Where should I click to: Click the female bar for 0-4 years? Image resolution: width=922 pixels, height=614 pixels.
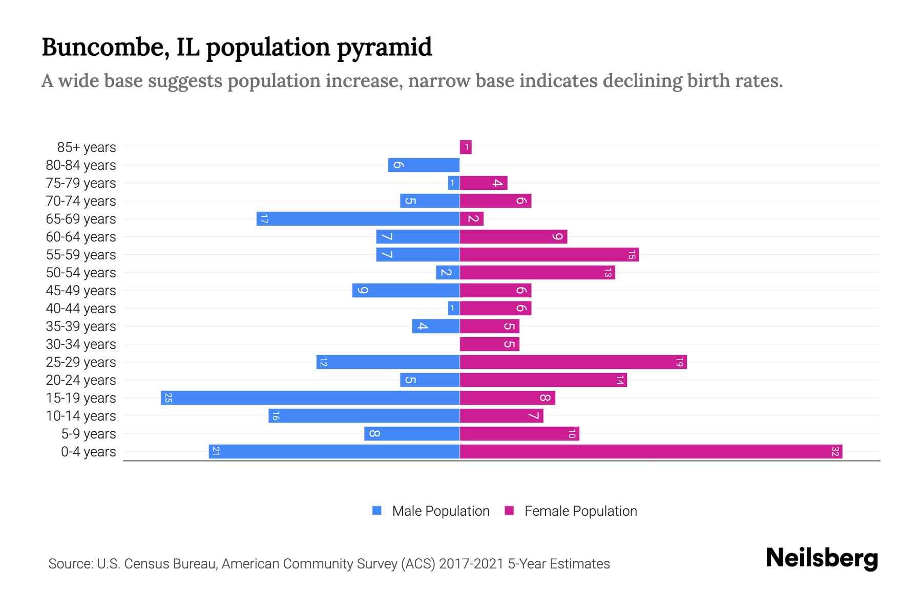(651, 452)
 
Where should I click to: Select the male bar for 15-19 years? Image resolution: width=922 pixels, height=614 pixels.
(310, 398)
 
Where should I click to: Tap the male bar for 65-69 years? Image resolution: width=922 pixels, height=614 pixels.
(359, 219)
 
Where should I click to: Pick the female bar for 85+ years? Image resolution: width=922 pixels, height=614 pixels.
(466, 147)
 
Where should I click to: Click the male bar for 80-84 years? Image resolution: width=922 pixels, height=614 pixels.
(424, 165)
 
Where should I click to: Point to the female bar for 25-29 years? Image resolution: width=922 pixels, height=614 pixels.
(573, 362)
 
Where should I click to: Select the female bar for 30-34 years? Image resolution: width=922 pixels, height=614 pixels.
(489, 344)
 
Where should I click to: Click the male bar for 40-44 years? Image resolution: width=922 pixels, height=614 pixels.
(453, 309)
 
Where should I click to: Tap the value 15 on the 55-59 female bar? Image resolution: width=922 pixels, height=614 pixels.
(632, 255)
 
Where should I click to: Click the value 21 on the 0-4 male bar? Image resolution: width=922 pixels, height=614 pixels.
(216, 452)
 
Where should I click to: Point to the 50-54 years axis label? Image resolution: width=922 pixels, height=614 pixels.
(81, 273)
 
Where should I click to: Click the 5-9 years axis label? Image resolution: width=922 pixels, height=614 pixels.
(88, 434)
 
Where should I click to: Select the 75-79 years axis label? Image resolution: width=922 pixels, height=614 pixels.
(81, 183)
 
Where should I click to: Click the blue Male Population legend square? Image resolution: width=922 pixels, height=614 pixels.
(377, 511)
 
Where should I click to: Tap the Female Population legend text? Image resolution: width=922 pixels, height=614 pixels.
(580, 511)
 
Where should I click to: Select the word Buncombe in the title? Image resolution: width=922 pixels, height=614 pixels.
(106, 47)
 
